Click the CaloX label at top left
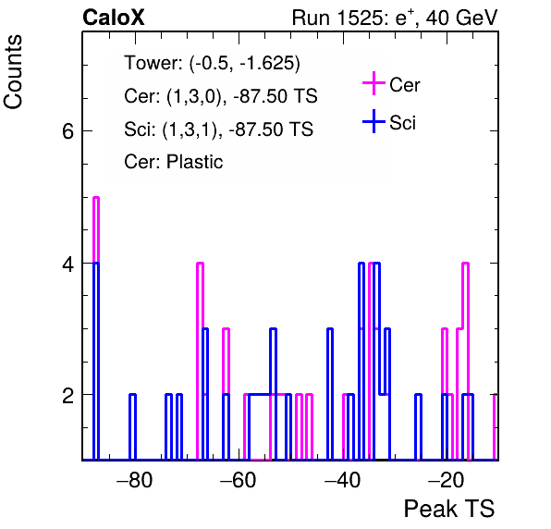tap(114, 18)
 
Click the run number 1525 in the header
tap(359, 18)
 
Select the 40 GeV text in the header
tap(461, 18)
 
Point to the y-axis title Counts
tap(13, 72)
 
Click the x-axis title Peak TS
tap(449, 509)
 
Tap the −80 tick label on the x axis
tap(135, 480)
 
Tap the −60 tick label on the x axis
tap(239, 480)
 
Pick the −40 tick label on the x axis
tap(342, 480)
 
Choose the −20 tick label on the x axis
tap(446, 480)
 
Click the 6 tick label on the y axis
tap(67, 131)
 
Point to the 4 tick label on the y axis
tap(67, 264)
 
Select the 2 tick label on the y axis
tap(67, 395)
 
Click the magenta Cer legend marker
tap(373, 83)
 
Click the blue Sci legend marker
tap(373, 121)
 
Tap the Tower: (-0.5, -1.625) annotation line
tap(213, 64)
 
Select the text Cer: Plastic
tap(174, 162)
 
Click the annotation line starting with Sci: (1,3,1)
tap(218, 129)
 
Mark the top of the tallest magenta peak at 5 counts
tap(96, 198)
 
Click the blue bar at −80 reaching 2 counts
tap(132, 426)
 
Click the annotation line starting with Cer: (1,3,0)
tap(221, 96)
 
